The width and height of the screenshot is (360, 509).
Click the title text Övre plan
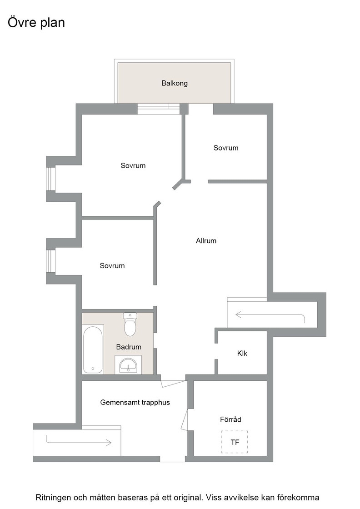tap(36, 23)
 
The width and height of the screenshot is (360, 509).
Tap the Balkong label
tap(175, 84)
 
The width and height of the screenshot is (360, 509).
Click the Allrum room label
tap(206, 241)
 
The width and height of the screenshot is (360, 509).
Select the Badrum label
tap(129, 347)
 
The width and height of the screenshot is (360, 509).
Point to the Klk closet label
tap(242, 353)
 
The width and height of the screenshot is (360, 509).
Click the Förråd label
tap(230, 419)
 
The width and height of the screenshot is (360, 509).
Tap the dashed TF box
tap(235, 442)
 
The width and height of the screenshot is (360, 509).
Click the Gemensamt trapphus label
tap(135, 403)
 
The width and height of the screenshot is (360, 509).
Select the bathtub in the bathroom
tap(93, 349)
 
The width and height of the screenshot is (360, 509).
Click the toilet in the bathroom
tap(130, 324)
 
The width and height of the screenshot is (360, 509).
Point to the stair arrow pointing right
tap(79, 441)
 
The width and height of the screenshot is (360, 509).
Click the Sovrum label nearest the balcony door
tap(226, 148)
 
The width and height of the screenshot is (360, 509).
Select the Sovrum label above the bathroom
tap(112, 266)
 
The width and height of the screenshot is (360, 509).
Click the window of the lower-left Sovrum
tap(50, 262)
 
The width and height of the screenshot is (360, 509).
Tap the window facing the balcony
tap(159, 109)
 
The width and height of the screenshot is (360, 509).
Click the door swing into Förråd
tap(185, 419)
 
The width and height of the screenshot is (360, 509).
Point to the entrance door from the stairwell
tap(173, 384)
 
